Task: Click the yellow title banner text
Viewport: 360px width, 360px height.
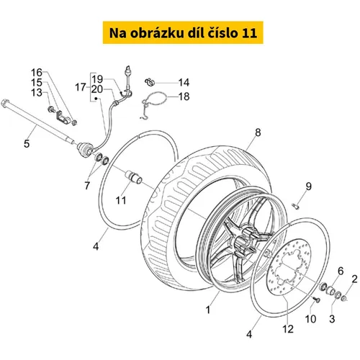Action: (183, 33)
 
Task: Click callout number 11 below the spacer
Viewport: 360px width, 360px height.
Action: (121, 200)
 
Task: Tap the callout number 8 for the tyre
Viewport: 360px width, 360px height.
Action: (258, 132)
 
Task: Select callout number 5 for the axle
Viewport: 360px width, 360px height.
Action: (27, 143)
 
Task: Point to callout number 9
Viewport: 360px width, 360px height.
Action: (308, 186)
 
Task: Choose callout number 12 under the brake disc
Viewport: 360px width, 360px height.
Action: (288, 329)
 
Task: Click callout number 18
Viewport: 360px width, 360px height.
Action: (184, 96)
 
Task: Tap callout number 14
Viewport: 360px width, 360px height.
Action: (184, 83)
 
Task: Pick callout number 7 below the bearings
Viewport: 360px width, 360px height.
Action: (87, 185)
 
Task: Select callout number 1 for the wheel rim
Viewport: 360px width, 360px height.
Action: (208, 310)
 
